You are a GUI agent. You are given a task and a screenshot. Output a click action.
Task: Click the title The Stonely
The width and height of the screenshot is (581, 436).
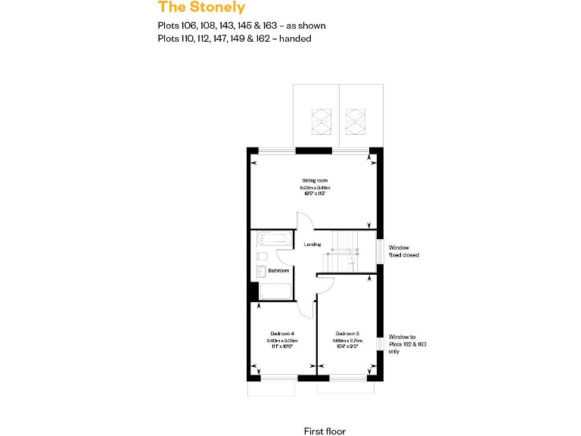coord(201,8)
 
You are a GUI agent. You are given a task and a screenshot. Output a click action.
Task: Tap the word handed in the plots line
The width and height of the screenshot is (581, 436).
coord(296,38)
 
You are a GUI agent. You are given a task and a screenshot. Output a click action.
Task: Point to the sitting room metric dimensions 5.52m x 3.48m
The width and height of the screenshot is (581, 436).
coord(315,188)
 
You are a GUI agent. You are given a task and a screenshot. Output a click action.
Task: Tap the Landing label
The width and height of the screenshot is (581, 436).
coord(312,244)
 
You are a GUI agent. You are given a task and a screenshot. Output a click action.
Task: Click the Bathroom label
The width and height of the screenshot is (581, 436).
coord(278,270)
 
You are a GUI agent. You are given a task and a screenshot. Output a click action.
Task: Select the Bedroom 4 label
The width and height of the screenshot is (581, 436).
coord(281,334)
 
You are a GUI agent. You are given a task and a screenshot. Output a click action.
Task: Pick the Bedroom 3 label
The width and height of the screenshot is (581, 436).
coord(347,334)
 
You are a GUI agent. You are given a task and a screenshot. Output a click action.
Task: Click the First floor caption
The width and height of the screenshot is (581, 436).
coord(325,431)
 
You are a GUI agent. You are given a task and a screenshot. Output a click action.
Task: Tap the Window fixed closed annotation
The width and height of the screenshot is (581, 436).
coord(403,251)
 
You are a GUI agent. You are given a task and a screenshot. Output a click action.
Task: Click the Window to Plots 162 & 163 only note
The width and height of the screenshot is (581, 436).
coord(407,344)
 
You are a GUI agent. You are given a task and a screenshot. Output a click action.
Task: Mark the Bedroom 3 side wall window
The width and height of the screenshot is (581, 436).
coord(381,343)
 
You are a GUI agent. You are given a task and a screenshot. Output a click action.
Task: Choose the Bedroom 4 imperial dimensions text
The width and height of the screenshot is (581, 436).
coord(280,347)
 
